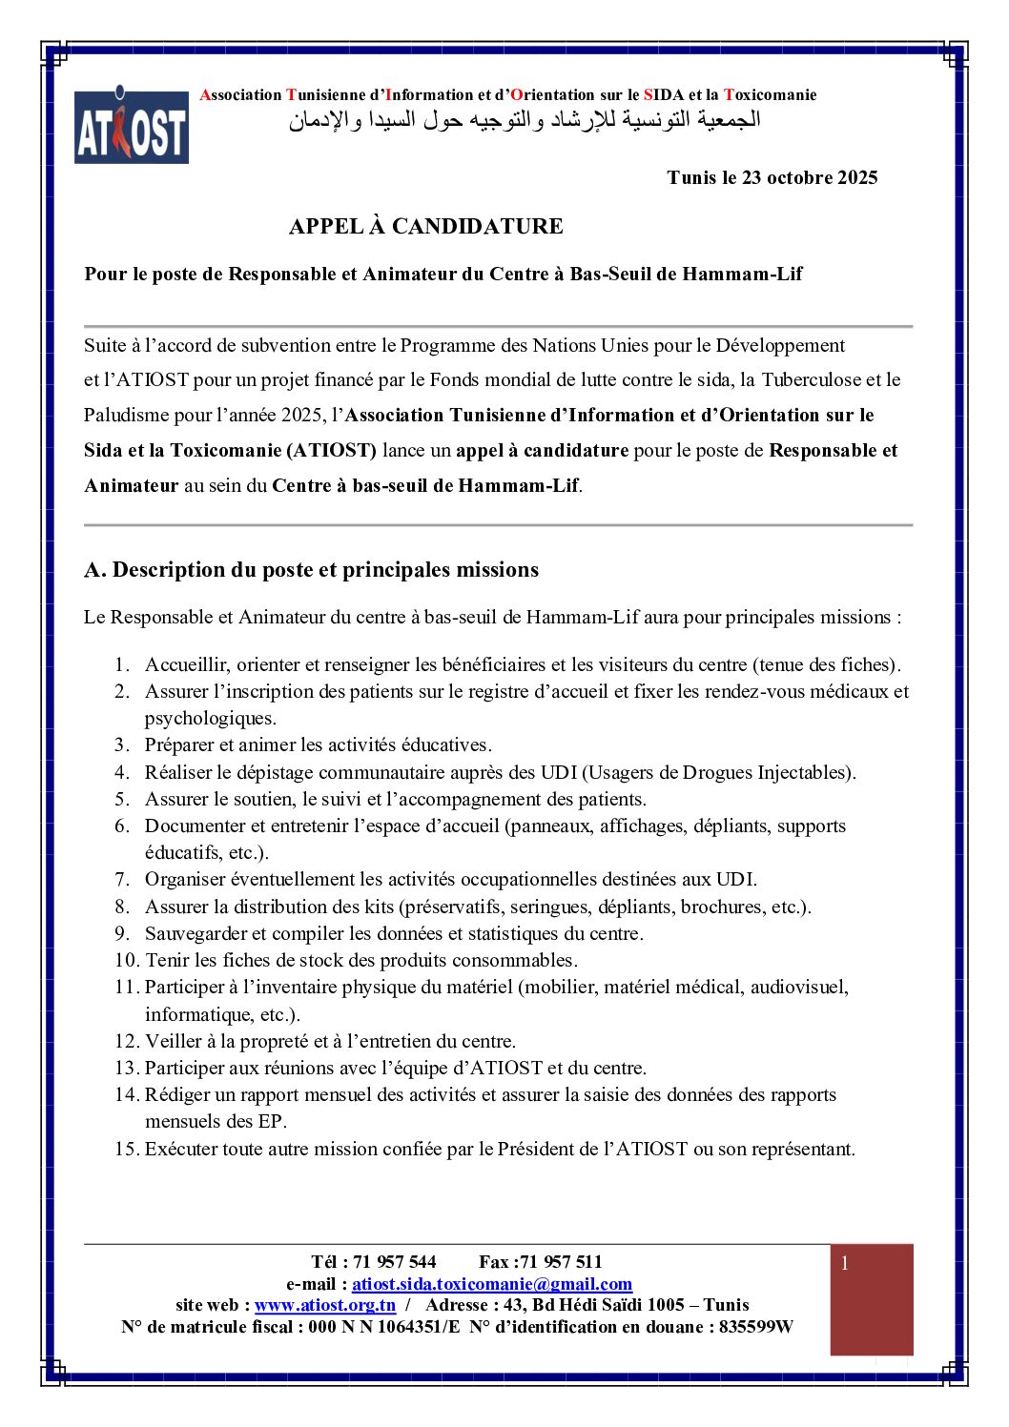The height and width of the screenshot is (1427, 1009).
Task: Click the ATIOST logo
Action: [132, 127]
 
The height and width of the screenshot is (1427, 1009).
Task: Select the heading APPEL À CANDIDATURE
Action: [425, 226]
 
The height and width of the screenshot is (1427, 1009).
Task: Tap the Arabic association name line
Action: [525, 121]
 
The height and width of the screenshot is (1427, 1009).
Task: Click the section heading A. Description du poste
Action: [311, 570]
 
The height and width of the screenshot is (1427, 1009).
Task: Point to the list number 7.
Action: [122, 880]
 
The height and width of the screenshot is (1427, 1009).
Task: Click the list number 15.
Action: [127, 1149]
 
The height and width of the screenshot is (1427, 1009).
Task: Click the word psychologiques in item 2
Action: [210, 718]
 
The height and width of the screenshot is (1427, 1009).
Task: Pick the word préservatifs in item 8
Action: [455, 907]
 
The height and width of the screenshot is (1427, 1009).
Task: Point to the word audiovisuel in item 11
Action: [798, 987]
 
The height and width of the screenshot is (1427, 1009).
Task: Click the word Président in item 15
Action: [536, 1149]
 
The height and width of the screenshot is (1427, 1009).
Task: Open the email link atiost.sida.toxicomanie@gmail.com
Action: [492, 1284]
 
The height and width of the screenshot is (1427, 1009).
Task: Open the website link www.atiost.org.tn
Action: [325, 1305]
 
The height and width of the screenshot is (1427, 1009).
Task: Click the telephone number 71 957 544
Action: [395, 1262]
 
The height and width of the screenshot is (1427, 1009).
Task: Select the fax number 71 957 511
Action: [562, 1262]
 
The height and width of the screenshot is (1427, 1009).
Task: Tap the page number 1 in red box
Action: [844, 1264]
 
